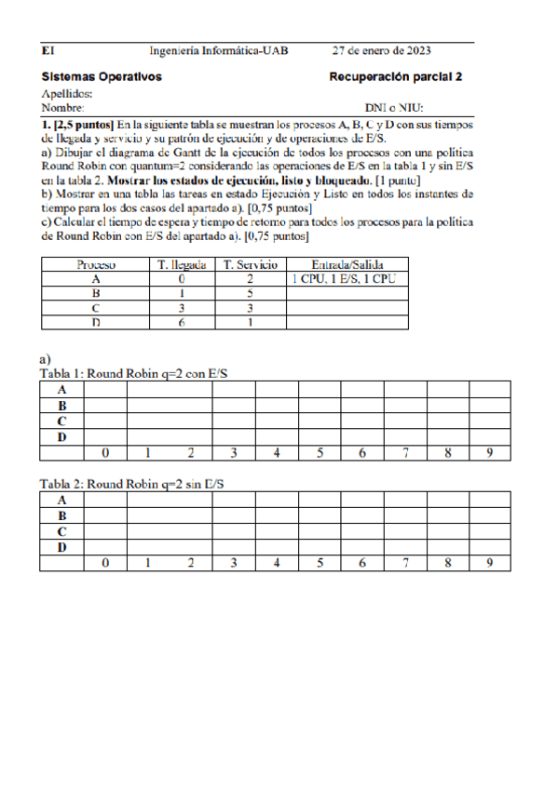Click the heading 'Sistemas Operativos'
102,77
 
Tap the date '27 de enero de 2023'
381,50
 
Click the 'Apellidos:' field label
67,94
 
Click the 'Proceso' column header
96,264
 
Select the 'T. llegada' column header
183,264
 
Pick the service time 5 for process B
251,293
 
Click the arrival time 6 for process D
183,322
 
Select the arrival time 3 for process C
183,307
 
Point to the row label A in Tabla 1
61,390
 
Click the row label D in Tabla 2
61,547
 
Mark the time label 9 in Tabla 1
490,453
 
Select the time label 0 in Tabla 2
105,563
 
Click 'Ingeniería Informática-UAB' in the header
219,50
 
